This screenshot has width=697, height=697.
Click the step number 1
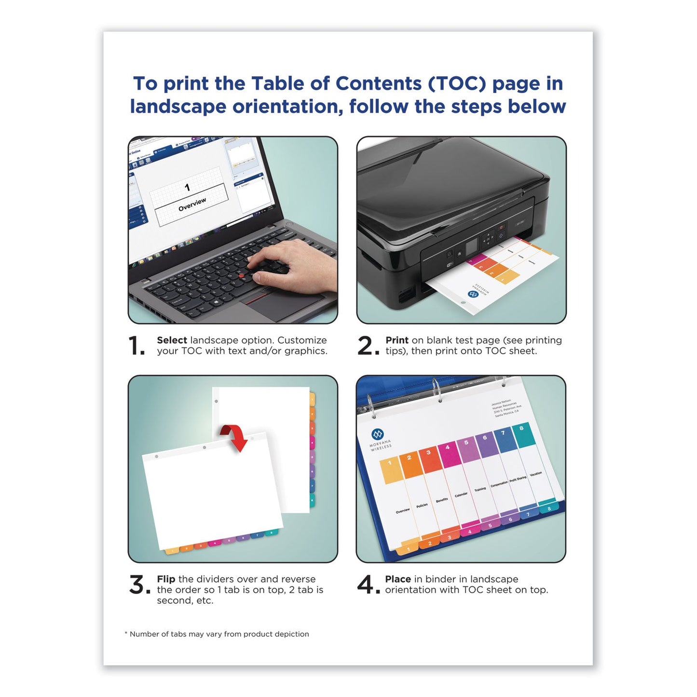(136, 346)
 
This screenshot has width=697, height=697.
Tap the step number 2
(368, 346)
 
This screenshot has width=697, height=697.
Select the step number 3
(139, 585)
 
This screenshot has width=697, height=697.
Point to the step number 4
(368, 585)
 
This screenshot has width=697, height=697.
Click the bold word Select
(172, 340)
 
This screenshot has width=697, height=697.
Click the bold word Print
(396, 340)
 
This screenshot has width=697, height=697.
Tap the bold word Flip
(166, 579)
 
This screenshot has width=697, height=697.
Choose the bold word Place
(398, 579)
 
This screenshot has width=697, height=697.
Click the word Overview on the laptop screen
(192, 205)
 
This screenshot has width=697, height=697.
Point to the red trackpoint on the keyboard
(241, 275)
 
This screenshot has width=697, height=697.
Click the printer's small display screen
(472, 245)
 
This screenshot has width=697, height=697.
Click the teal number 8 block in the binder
(523, 434)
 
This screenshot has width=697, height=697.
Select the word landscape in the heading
(178, 107)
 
